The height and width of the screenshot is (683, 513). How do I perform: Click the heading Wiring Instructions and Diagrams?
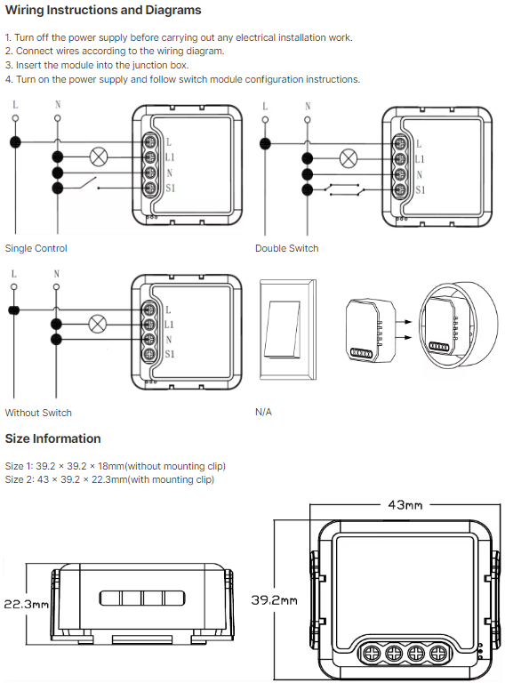coord(103,10)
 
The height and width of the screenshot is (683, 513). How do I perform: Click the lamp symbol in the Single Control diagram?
coord(99,157)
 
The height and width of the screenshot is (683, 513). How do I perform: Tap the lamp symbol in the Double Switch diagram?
coord(348,158)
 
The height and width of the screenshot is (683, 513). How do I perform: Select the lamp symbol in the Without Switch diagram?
coord(98,324)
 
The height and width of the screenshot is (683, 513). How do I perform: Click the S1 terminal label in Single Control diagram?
coord(171,189)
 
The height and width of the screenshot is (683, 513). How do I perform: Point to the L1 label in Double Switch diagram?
coord(420,159)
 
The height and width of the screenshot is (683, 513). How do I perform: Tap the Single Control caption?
coord(36,248)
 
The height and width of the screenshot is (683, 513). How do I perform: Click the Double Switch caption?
coord(287,248)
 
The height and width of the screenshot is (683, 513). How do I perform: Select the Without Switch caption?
coord(38,413)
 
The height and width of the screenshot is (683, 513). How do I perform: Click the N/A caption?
coord(263,412)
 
